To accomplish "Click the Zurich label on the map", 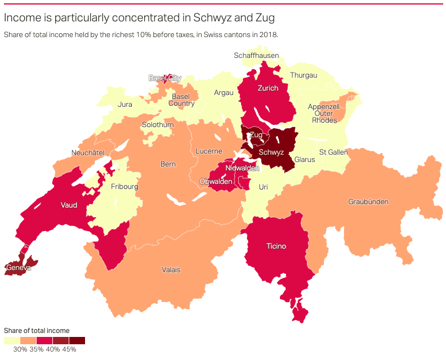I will point(267,88).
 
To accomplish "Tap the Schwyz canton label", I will point(271,152).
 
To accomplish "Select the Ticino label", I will point(276,246).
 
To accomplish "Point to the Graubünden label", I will point(368,202).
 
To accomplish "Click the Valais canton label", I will point(171,270).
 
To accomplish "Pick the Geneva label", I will point(18,268).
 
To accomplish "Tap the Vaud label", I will point(69,205).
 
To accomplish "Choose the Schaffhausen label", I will point(256,56).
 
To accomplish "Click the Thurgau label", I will point(304,75).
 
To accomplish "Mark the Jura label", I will point(125,105).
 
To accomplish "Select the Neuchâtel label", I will point(88,153).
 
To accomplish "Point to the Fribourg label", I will point(124,187).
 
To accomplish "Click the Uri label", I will point(264,187).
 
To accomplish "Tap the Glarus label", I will point(305,160).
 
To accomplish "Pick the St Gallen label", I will point(333,152).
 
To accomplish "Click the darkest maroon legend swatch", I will point(77,340).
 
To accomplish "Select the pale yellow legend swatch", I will point(12,340).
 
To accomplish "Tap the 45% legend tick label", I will point(69,349).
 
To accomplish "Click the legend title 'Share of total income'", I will point(37,331).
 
